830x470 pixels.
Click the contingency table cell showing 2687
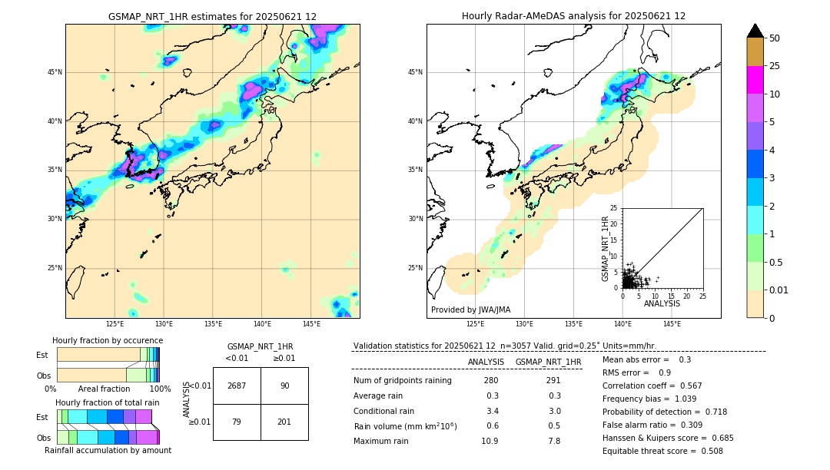point(237,386)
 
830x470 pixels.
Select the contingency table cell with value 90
point(284,386)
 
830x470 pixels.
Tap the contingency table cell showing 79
point(237,422)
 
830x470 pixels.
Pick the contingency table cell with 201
point(284,422)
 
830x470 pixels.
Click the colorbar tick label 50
point(775,38)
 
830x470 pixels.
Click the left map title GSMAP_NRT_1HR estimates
point(212,16)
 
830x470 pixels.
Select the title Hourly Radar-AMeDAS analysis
point(573,16)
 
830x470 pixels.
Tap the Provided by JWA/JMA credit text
point(470,310)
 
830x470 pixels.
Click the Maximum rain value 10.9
point(490,441)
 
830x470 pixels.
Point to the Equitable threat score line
point(662,451)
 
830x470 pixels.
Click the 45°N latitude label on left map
point(55,72)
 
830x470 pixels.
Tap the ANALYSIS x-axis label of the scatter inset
point(662,303)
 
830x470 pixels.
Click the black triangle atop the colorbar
point(755,31)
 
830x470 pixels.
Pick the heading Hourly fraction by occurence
point(108,340)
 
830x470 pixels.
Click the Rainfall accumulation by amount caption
point(108,450)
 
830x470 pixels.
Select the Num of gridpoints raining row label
point(403,381)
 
